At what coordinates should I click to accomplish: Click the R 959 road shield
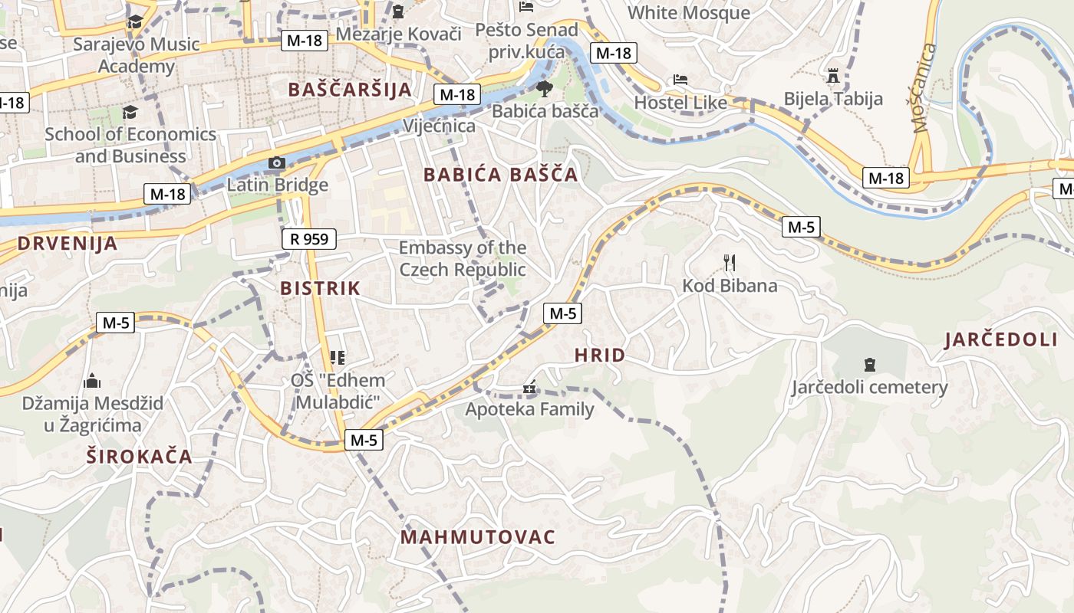pos(309,239)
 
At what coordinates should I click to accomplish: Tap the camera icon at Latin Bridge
pos(277,163)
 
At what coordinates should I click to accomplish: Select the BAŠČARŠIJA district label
pos(350,90)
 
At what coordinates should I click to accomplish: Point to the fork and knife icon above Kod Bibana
pos(730,264)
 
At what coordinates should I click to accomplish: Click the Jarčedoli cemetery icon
pos(869,364)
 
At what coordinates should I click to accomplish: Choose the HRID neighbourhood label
pos(599,356)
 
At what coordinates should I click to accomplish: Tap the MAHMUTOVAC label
pos(477,537)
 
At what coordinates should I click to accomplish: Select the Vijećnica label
pos(439,126)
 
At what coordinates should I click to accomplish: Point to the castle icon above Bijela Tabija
pos(833,76)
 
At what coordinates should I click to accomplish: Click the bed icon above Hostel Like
pos(680,80)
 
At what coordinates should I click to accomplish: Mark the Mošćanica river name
pos(926,88)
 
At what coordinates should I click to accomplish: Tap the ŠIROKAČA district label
pos(139,457)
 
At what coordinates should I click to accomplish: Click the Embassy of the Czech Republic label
pos(463,259)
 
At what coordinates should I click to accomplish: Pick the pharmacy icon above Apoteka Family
pos(529,388)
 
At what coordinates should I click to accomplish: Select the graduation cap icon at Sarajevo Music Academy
pos(135,21)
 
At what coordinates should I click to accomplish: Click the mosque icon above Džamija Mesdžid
pos(92,381)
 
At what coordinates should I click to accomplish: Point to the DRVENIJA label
pos(68,244)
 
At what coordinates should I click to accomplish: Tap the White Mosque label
pos(689,13)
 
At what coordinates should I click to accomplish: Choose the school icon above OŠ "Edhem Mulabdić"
pos(337,357)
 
